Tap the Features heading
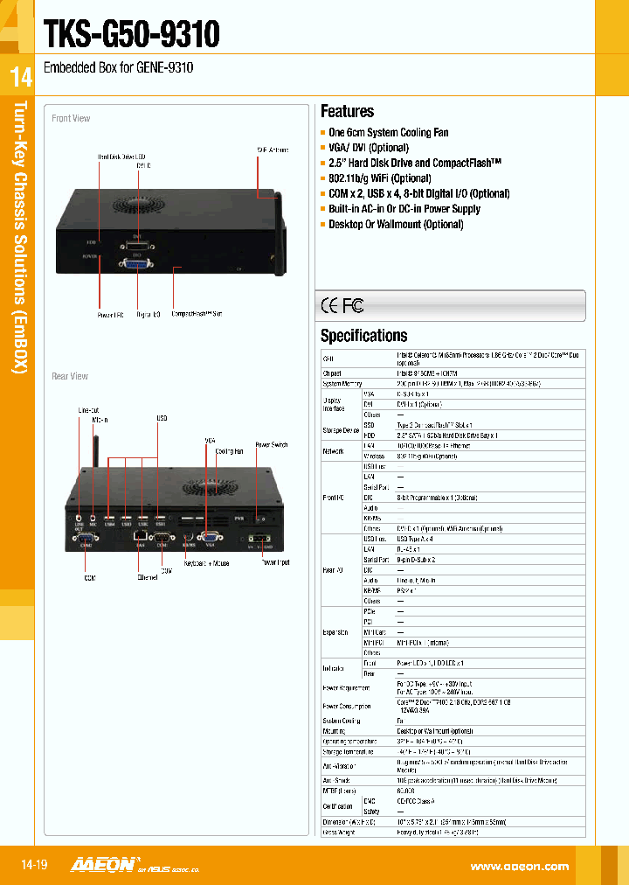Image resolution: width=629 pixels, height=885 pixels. (347, 111)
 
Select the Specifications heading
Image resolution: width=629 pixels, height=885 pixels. (363, 336)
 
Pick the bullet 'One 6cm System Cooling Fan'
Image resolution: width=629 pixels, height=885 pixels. (388, 133)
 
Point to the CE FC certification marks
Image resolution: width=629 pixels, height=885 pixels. (342, 305)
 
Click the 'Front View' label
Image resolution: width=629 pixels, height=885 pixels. (71, 119)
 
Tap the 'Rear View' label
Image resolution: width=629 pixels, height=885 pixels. (70, 376)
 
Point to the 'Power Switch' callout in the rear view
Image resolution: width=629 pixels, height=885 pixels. (271, 445)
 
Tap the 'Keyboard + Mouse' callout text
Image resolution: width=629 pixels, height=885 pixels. (208, 563)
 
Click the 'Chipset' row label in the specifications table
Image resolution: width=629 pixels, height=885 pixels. (332, 372)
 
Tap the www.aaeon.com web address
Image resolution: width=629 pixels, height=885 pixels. (519, 866)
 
